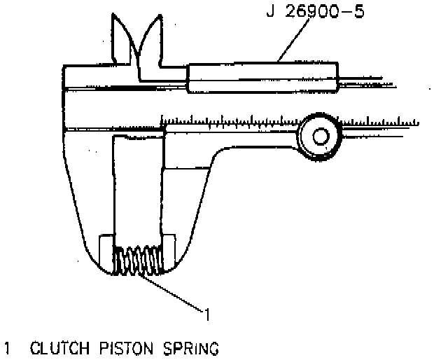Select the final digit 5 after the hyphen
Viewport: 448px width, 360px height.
click(x=358, y=12)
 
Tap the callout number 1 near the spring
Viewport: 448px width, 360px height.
click(x=206, y=312)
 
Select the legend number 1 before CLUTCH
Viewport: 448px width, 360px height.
click(x=8, y=347)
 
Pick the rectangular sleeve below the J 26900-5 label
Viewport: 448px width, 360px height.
click(x=262, y=77)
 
